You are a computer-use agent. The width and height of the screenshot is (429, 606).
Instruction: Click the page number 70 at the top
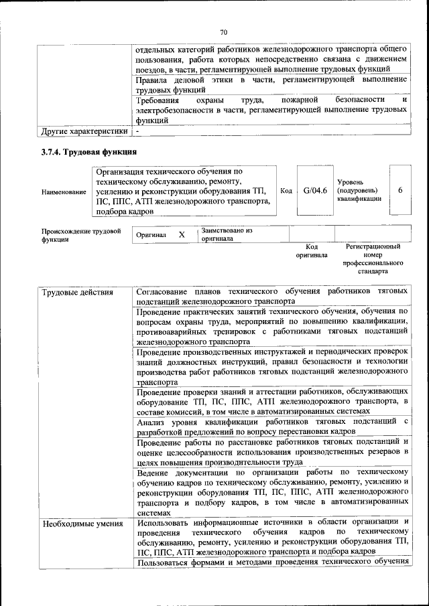click(x=224, y=31)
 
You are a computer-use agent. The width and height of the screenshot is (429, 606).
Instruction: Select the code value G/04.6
click(x=314, y=191)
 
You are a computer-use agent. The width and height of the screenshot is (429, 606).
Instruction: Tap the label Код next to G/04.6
click(x=285, y=191)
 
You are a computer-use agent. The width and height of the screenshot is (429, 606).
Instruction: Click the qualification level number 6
click(x=400, y=190)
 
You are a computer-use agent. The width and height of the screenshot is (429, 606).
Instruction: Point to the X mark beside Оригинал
click(x=181, y=235)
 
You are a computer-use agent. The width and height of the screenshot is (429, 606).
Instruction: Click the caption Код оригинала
click(x=312, y=250)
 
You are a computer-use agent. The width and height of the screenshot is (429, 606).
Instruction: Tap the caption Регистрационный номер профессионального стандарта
click(x=373, y=260)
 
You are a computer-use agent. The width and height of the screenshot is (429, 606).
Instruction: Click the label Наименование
click(x=64, y=192)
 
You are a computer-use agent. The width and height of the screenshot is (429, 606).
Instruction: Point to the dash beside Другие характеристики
click(x=137, y=131)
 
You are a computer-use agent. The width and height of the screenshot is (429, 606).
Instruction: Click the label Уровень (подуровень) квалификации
click(x=359, y=190)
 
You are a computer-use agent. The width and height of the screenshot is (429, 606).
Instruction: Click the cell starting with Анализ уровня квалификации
click(x=271, y=426)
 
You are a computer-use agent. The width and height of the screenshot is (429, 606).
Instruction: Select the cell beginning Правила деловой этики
click(x=271, y=84)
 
